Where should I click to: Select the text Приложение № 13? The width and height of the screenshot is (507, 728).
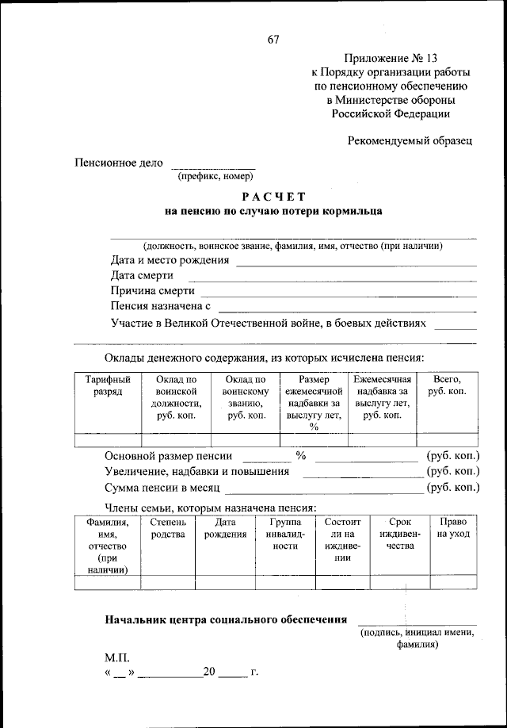click(x=391, y=58)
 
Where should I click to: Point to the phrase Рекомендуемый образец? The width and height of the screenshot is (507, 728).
click(x=410, y=141)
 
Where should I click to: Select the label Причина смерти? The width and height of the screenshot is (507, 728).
click(x=153, y=292)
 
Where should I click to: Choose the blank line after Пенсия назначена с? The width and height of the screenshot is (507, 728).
click(x=347, y=307)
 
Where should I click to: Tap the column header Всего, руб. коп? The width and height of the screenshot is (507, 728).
click(x=447, y=386)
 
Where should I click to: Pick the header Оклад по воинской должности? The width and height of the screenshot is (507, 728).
click(x=176, y=397)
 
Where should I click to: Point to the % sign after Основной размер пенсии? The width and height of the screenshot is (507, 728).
click(x=301, y=456)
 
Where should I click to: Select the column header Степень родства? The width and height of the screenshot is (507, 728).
click(x=167, y=528)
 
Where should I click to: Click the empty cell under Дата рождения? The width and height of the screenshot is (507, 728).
click(x=224, y=582)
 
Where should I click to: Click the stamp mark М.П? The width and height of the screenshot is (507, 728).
click(x=117, y=658)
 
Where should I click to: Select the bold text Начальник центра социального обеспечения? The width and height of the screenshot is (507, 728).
click(x=227, y=619)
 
